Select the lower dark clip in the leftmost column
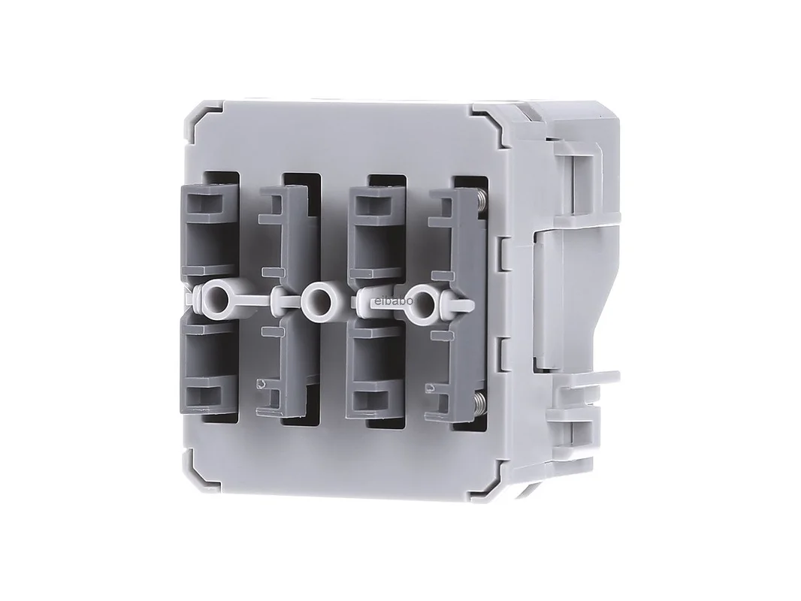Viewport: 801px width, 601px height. (210, 367)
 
